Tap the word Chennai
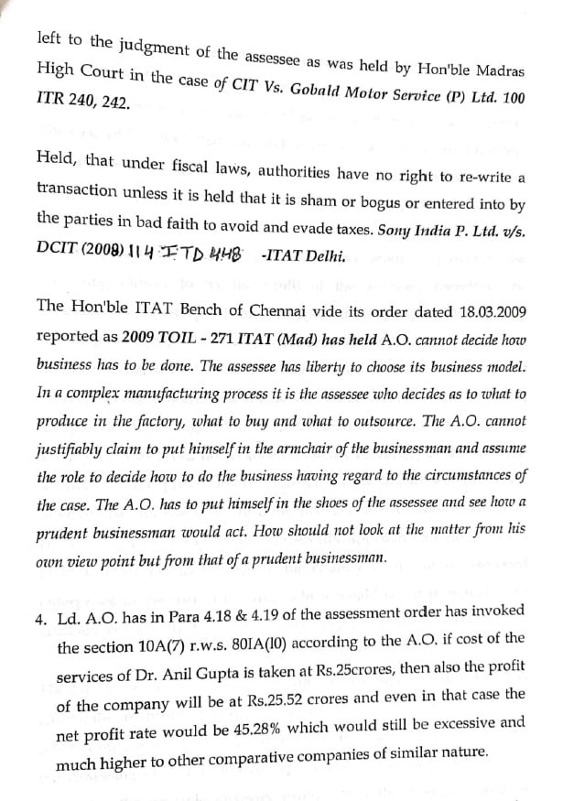240,309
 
